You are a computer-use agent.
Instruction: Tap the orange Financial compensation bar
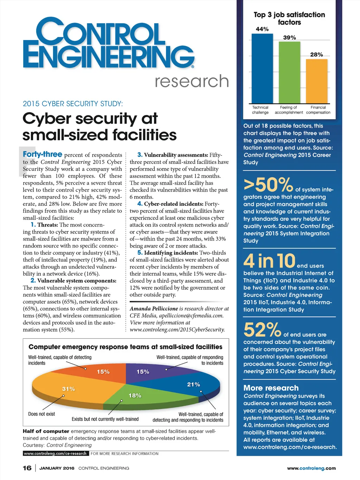[316, 81]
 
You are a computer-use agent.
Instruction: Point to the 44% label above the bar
[262, 29]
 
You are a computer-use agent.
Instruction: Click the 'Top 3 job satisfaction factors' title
[289, 18]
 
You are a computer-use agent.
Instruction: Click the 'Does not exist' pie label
[41, 414]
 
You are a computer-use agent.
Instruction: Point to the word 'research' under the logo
[192, 81]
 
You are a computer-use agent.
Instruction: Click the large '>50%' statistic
[268, 184]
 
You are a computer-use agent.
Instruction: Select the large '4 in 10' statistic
[269, 261]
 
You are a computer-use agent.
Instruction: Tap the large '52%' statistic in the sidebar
[262, 330]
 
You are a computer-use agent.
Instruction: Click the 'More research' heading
[271, 388]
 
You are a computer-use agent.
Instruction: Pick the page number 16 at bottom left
[27, 468]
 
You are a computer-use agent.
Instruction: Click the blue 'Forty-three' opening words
[43, 154]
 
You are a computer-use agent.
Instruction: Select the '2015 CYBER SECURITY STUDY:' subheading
[73, 104]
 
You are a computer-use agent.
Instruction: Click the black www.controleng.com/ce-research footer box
[56, 454]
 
